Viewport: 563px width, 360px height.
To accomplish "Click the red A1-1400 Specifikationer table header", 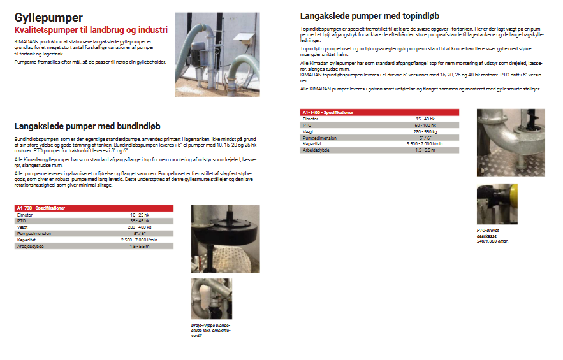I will click(379, 112).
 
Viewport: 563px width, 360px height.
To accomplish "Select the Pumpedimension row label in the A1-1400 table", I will click(319, 137).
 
